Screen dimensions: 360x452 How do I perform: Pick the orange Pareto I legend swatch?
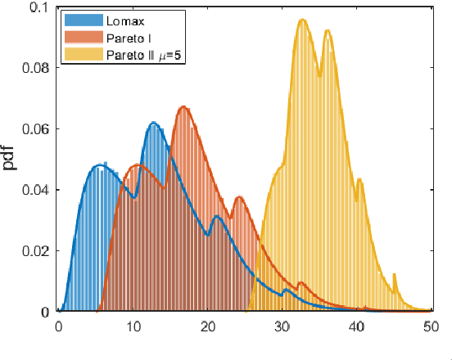(x=83, y=38)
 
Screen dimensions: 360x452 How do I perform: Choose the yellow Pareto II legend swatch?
(x=83, y=56)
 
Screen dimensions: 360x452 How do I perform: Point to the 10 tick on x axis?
(x=133, y=326)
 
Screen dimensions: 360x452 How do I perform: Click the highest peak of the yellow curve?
(x=303, y=20)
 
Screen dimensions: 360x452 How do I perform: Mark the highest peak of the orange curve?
(x=183, y=107)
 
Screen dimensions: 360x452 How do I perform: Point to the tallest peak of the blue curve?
(x=154, y=123)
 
